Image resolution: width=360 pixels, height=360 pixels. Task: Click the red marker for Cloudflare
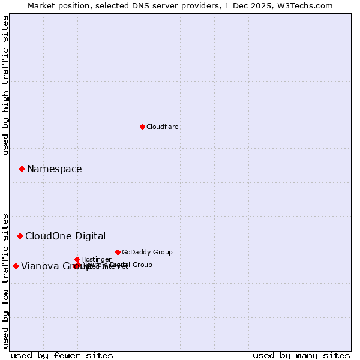[x=142, y=127]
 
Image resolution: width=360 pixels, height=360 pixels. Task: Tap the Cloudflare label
[x=162, y=127]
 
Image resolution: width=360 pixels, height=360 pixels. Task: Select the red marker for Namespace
[x=22, y=169]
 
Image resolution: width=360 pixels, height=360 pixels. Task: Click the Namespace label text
[x=54, y=169]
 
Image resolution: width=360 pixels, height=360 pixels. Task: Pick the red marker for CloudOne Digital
[x=20, y=236]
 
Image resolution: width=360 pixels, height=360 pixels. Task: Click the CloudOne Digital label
[x=65, y=236]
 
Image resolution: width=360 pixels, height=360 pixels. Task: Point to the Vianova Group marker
[x=16, y=266]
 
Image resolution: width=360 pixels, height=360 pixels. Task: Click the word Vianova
[x=40, y=266]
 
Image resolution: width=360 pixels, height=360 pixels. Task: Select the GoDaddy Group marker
[x=118, y=252]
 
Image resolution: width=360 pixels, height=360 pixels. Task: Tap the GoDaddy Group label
[x=147, y=252]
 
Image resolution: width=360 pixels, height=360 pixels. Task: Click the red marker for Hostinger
[x=77, y=259]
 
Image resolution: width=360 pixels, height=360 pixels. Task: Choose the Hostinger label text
[x=96, y=259]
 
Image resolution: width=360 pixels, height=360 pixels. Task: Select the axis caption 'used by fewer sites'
[x=62, y=355]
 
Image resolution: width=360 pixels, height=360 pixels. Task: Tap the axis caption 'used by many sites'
[x=301, y=355]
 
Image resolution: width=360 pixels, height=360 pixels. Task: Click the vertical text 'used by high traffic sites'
[x=5, y=85]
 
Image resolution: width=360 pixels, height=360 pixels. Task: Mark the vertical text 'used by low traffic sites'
[x=5, y=280]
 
